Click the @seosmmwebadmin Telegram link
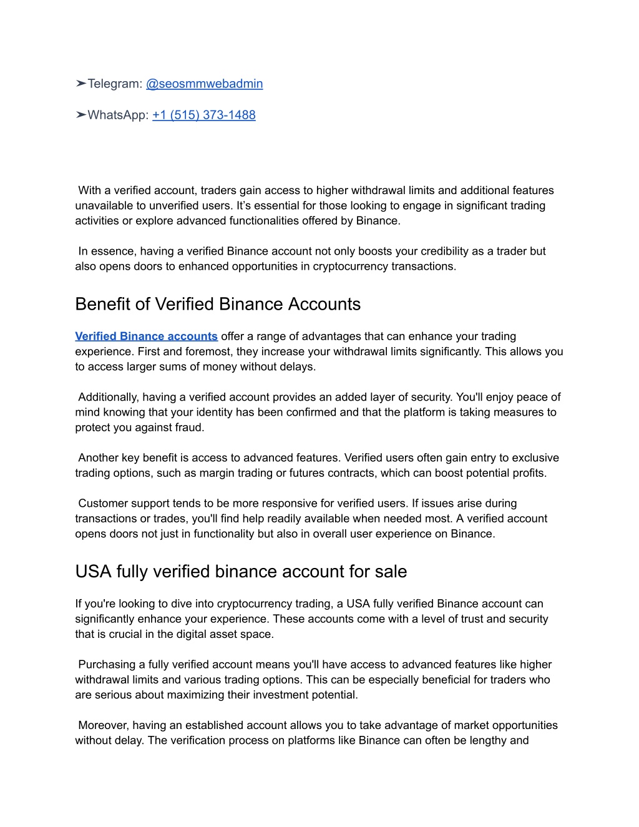tap(204, 84)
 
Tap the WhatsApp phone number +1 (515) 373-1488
tap(203, 115)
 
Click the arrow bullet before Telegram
tap(80, 84)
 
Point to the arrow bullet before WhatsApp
tap(80, 115)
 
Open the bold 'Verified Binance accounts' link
tap(146, 336)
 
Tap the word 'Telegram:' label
tap(115, 84)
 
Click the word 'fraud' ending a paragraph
tap(189, 428)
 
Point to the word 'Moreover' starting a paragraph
tap(103, 725)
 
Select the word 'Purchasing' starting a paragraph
tap(107, 665)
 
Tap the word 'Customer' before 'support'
tap(102, 503)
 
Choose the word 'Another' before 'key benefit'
tap(99, 458)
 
